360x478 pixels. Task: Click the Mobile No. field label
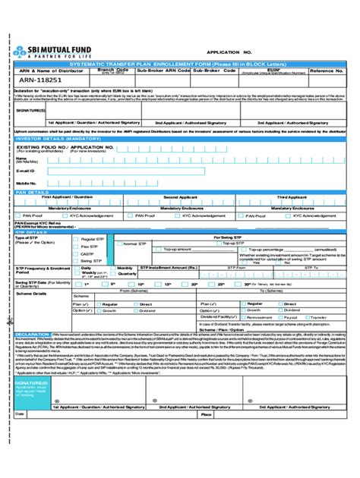point(27,183)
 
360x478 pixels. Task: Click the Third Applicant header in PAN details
point(292,197)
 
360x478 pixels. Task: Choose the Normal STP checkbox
point(119,244)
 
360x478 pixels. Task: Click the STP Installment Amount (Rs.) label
point(172,268)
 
